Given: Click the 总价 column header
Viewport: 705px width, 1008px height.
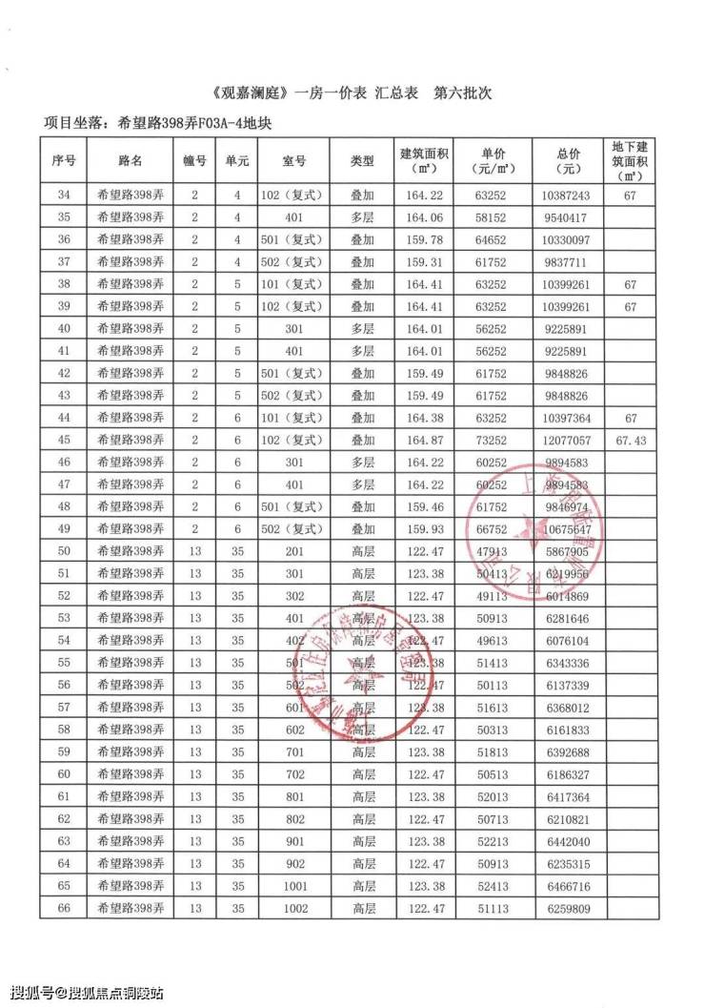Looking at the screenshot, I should pyautogui.click(x=571, y=160).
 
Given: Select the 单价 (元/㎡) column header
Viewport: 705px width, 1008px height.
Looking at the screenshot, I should pyautogui.click(x=493, y=160).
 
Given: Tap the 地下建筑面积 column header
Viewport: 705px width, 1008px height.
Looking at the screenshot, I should pyautogui.click(x=629, y=160).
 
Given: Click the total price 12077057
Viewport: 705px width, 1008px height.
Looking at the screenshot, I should pyautogui.click(x=571, y=440).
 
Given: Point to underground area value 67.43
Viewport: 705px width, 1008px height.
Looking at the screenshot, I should pyautogui.click(x=629, y=440).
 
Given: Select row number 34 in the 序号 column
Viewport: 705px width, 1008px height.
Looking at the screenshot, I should pyautogui.click(x=64, y=195).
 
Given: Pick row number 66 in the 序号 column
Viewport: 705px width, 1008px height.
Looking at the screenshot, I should pyautogui.click(x=64, y=909).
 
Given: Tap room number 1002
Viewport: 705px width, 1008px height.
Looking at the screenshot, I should pyautogui.click(x=294, y=909).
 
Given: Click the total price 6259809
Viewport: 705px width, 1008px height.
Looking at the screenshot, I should pyautogui.click(x=571, y=909).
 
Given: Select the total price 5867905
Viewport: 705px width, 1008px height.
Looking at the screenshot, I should pyautogui.click(x=571, y=551).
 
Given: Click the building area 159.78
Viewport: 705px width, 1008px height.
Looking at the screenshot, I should pyautogui.click(x=424, y=239).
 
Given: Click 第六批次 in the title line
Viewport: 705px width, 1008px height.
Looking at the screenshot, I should pyautogui.click(x=462, y=95).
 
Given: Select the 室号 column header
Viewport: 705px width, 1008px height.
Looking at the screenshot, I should pyautogui.click(x=294, y=160).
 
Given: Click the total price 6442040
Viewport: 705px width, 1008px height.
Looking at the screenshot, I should pyautogui.click(x=571, y=841).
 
